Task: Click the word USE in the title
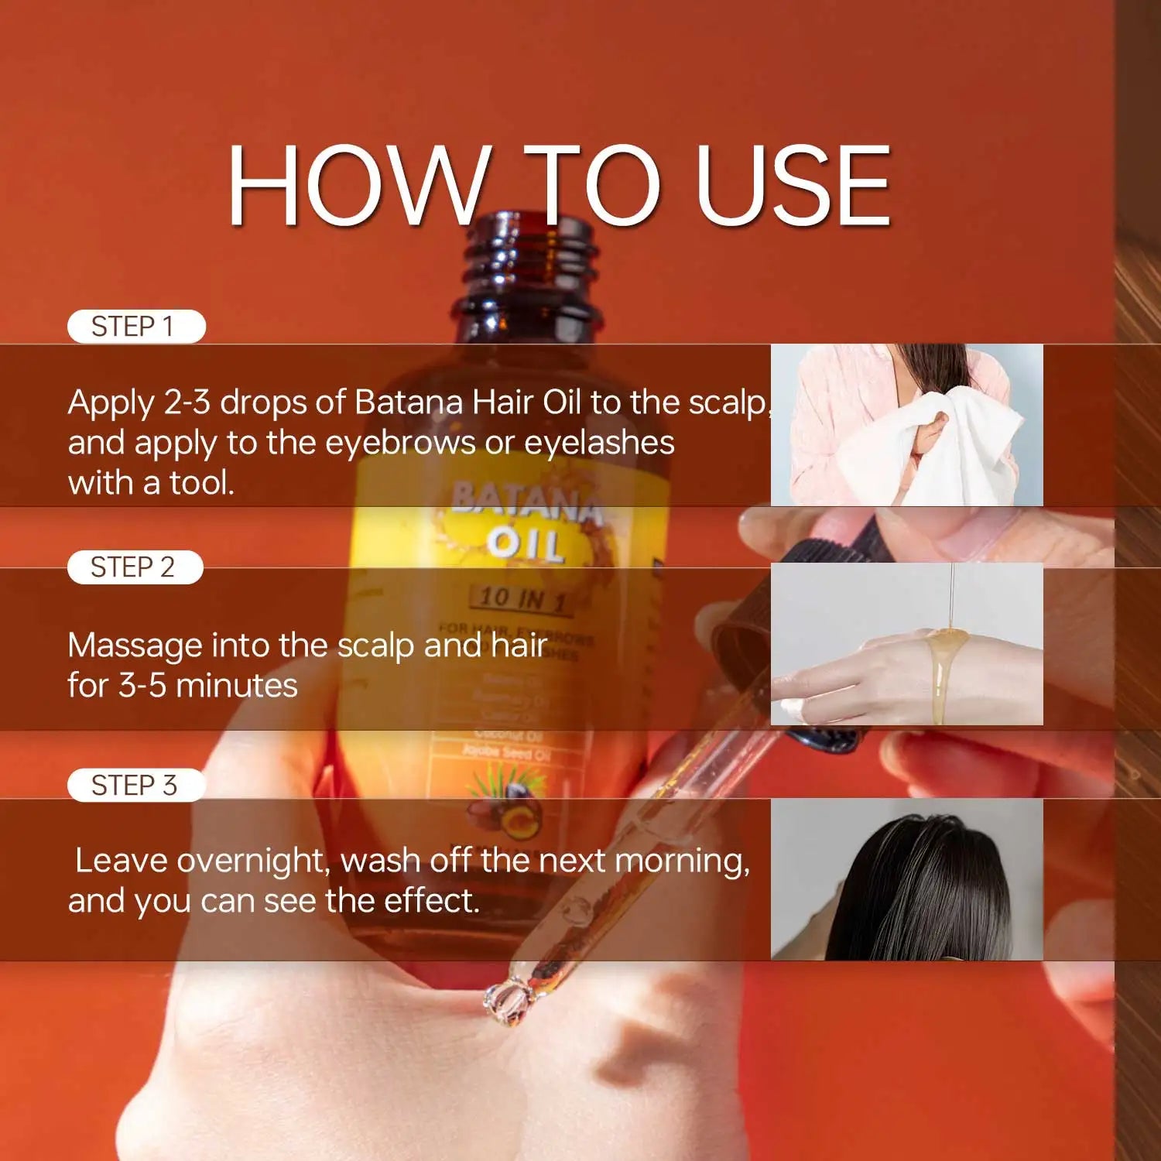[x=793, y=187]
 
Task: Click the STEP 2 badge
[x=135, y=567]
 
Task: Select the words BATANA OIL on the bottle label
[x=526, y=522]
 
